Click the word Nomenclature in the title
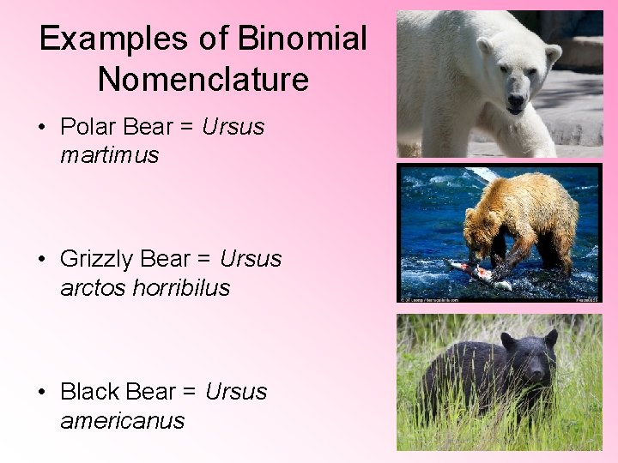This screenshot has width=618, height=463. (203, 80)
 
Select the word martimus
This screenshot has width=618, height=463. (110, 155)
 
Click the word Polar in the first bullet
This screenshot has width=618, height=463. (88, 128)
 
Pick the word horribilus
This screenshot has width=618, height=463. (182, 288)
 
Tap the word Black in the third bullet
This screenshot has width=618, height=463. (89, 392)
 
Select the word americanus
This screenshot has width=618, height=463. (123, 421)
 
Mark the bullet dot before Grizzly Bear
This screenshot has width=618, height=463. (41, 260)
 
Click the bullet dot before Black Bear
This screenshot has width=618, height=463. (41, 393)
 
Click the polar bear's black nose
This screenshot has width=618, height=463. (515, 102)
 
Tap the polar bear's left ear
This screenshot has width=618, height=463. (486, 45)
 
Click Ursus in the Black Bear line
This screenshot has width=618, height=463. (236, 392)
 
